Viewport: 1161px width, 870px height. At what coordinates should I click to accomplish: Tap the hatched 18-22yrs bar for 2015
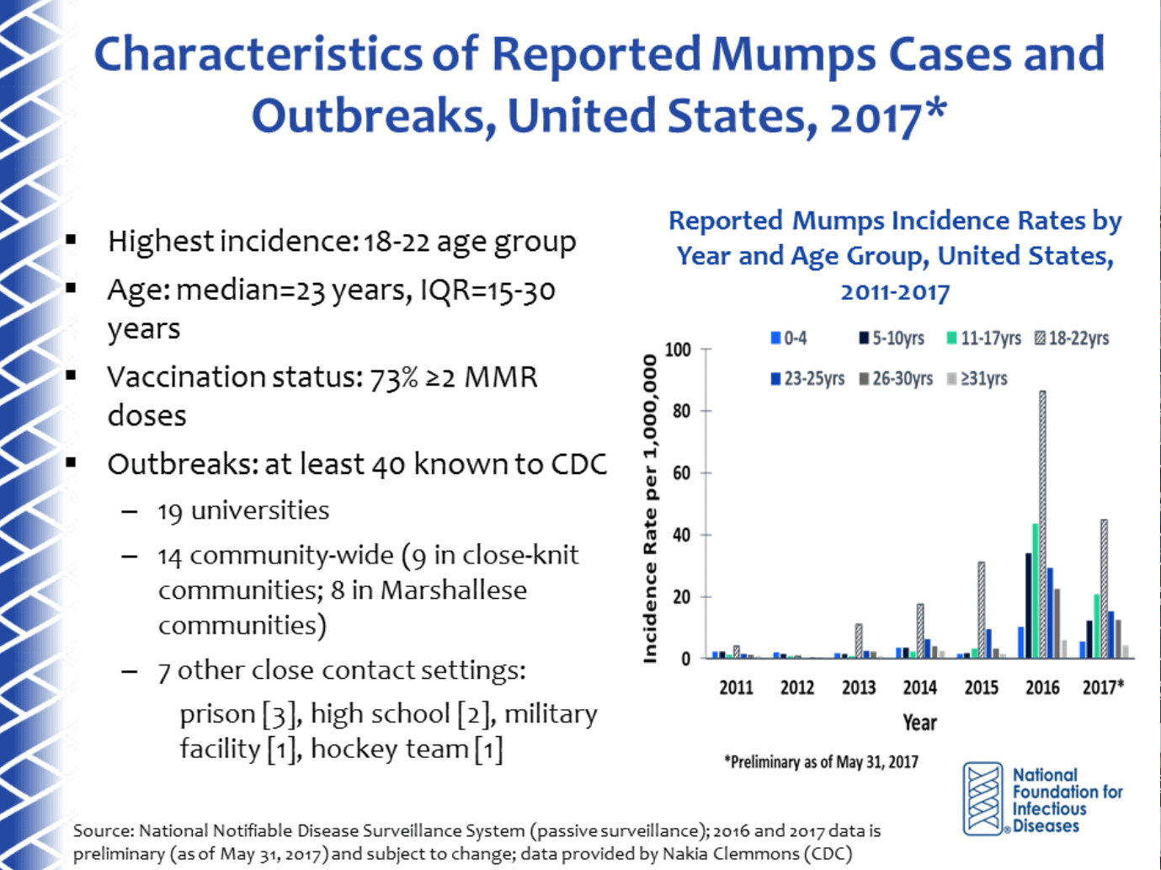tap(981, 610)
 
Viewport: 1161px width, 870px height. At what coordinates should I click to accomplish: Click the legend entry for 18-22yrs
tap(1070, 339)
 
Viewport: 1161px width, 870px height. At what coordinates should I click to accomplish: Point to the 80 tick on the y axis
tap(681, 411)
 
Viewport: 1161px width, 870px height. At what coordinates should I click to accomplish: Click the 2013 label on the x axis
tap(858, 687)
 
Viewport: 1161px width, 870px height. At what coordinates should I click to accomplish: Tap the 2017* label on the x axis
tap(1103, 687)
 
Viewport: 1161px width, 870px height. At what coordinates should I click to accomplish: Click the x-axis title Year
tap(919, 723)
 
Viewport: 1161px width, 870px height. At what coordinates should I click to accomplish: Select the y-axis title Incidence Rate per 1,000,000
tap(649, 508)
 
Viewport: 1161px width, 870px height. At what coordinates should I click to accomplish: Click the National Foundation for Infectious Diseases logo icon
tap(983, 798)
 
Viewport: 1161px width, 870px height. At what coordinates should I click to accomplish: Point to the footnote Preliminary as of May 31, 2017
tap(821, 762)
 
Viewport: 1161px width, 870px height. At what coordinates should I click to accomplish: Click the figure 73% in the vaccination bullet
tap(393, 377)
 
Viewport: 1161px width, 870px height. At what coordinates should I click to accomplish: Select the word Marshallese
tap(453, 590)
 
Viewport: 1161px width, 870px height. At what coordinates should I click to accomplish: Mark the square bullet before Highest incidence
tap(72, 241)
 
